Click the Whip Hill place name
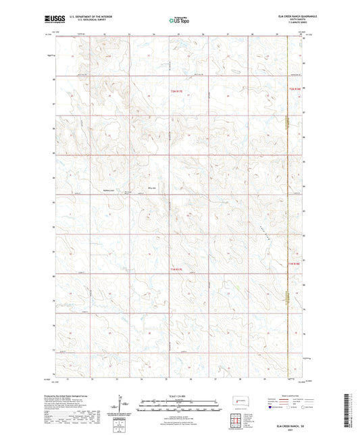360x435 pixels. tap(151, 188)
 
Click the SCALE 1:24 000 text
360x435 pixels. tap(180, 395)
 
